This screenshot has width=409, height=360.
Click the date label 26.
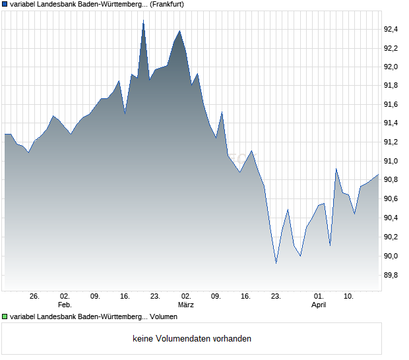pos(35,296)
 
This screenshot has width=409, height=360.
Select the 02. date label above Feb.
pos(65,296)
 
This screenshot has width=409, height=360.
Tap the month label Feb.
pos(65,305)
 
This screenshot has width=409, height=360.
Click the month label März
pos(186,305)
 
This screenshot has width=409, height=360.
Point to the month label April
pos(319,305)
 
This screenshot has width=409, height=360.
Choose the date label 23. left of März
pos(155,296)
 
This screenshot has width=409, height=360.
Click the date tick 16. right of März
pos(246,296)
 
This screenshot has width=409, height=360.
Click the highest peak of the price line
pos(143,21)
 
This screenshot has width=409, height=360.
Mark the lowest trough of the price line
pos(276,263)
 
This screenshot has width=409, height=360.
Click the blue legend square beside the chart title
pos(5,4)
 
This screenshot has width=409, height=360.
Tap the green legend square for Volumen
pos(5,317)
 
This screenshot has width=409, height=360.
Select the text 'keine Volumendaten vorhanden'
pos(192,339)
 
